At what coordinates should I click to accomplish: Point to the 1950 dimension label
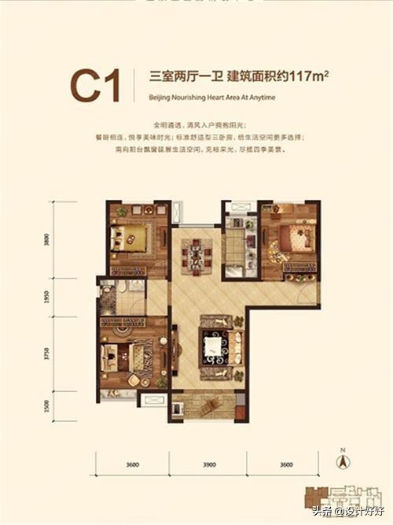[x=47, y=297]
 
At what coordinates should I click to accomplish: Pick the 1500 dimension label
[x=47, y=406]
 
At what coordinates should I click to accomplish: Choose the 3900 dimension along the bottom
[x=209, y=464]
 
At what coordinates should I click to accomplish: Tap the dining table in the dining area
[x=195, y=255]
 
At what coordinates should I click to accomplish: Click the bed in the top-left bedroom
[x=130, y=236]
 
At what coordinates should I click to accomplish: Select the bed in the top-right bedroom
[x=299, y=236]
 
